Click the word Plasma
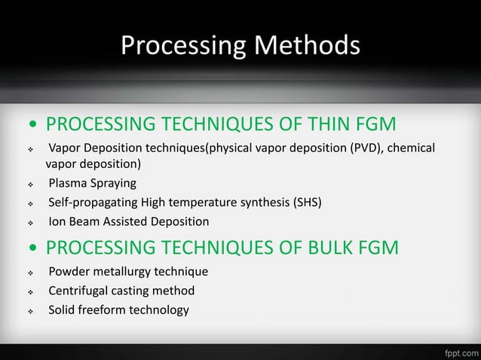click(68, 183)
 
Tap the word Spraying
click(115, 183)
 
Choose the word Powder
click(69, 271)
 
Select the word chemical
click(411, 147)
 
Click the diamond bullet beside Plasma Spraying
click(29, 184)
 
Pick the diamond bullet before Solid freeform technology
click(29, 310)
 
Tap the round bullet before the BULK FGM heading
click(33, 248)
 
